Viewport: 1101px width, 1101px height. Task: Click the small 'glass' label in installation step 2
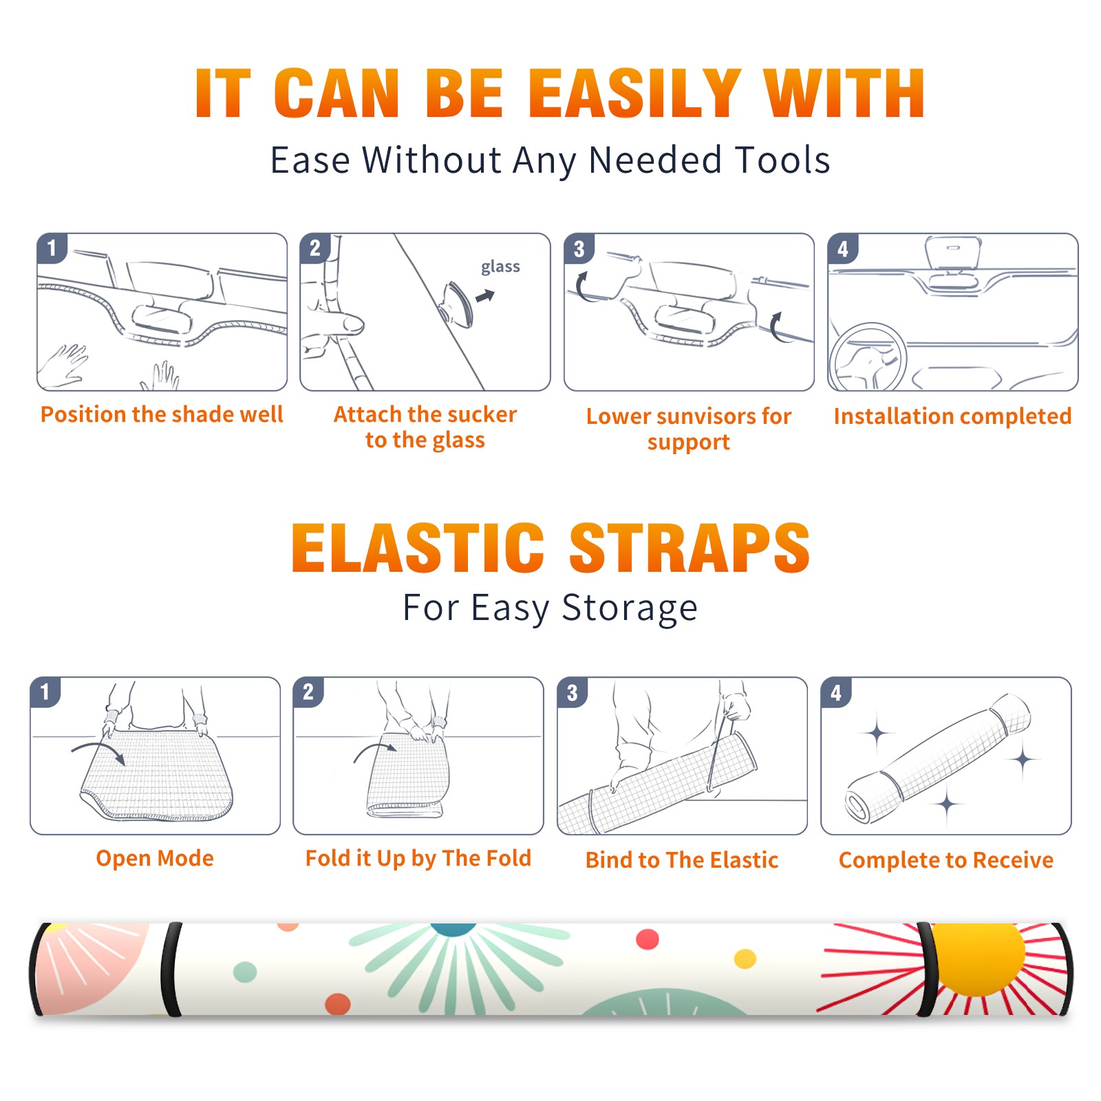coord(500,267)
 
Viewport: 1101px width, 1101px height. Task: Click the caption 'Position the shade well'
coord(162,414)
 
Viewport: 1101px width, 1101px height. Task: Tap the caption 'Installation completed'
coord(952,416)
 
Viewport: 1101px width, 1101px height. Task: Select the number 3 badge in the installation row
coord(579,248)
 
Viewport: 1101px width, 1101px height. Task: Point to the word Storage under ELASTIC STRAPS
coord(630,608)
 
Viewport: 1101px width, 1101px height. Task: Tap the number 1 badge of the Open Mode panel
coord(45,692)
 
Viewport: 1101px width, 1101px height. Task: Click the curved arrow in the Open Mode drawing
coord(98,751)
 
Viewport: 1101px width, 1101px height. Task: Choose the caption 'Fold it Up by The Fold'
coord(418,859)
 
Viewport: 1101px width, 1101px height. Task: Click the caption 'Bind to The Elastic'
coord(682,860)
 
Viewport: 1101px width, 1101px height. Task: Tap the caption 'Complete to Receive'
coord(946,860)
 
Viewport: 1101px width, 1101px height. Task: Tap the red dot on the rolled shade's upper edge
coord(648,939)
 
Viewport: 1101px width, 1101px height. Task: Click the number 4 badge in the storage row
coord(835,692)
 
